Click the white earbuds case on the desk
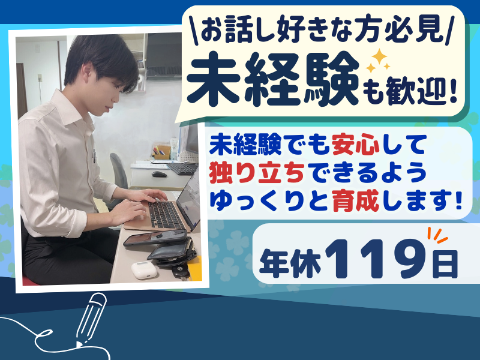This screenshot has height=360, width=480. (143, 270)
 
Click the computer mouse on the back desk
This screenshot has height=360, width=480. (158, 174)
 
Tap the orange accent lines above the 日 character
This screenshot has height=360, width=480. (436, 235)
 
